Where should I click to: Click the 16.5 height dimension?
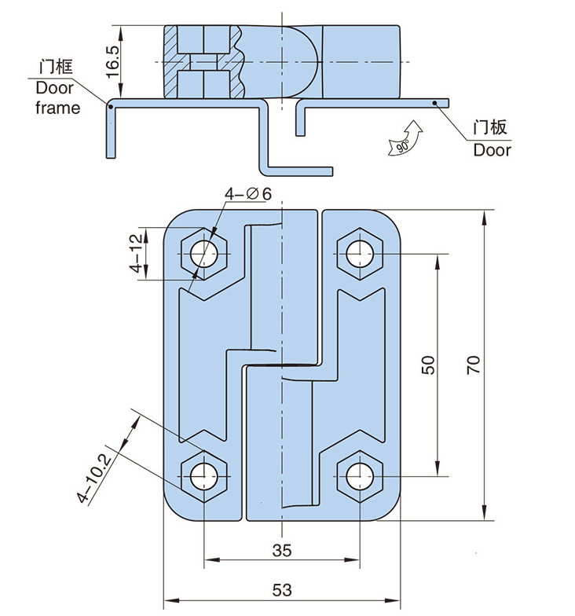(x=113, y=60)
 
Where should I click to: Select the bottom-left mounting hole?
(x=204, y=475)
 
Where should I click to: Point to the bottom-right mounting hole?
(x=360, y=475)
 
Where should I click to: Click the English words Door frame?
(x=57, y=98)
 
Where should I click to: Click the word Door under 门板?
(x=492, y=149)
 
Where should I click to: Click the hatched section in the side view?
(x=171, y=61)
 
